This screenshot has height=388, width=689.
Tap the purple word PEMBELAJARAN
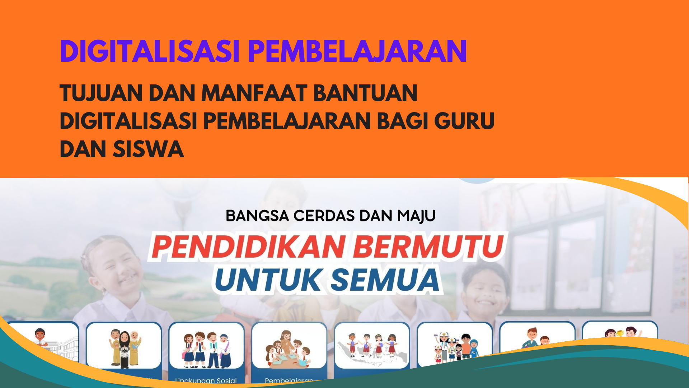point(357,51)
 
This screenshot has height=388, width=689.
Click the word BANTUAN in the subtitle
point(365,93)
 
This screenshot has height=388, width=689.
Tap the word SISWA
point(148,149)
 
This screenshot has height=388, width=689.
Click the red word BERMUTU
point(428,247)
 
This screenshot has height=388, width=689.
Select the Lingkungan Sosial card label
point(206,380)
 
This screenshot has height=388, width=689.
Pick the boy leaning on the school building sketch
point(41,338)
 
